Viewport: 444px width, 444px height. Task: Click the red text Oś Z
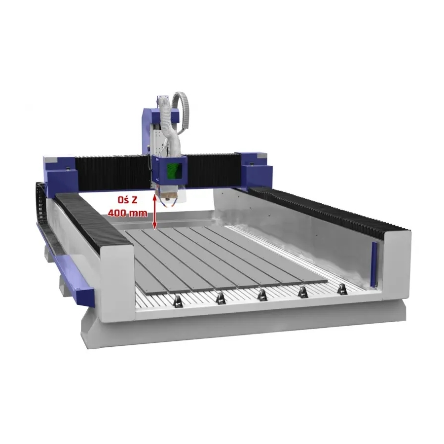coord(128,200)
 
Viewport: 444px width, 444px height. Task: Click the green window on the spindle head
coord(174,171)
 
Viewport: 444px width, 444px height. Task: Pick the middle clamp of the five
coord(262,295)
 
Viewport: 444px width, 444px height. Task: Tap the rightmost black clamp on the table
coord(342,290)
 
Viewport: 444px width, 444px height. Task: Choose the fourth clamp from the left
coord(303,292)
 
